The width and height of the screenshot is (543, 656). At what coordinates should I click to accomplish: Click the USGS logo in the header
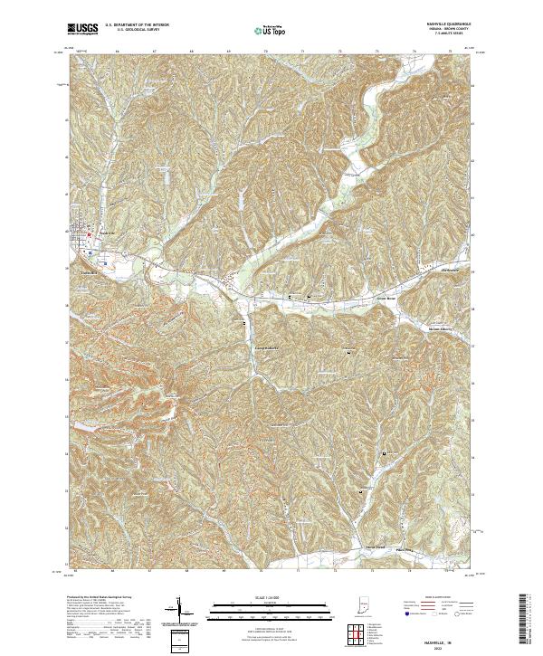click(82, 29)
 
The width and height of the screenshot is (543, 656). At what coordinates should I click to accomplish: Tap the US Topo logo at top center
click(271, 30)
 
